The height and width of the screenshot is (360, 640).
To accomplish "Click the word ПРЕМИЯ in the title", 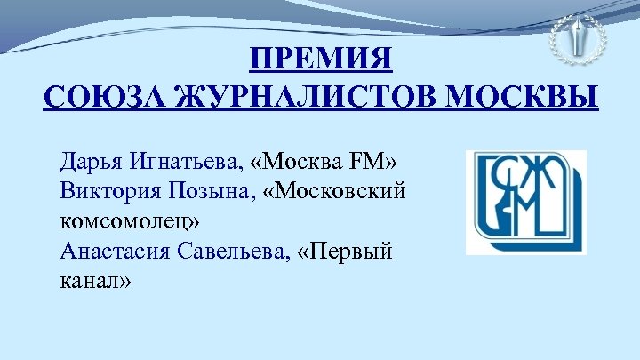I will point(320,61).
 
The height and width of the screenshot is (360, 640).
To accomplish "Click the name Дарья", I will point(91,163).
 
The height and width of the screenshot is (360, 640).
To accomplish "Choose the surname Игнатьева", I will point(190,163).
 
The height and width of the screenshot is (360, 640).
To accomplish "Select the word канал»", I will point(97,281).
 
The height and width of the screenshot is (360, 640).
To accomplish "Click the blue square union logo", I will point(525,203).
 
